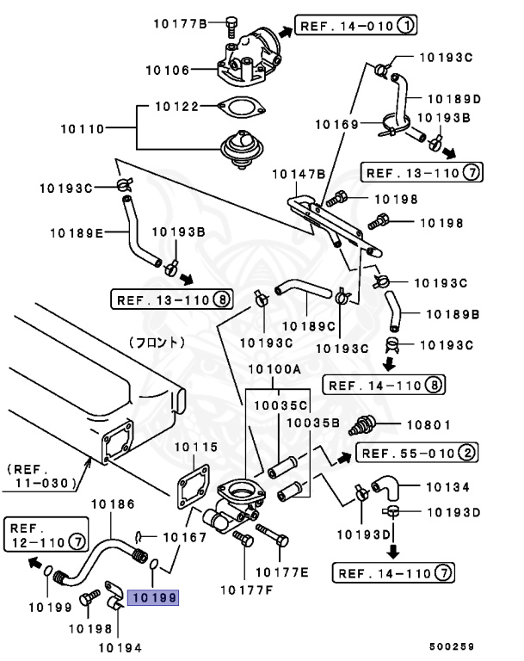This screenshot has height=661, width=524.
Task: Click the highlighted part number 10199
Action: click(153, 596)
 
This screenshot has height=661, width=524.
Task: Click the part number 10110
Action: click(83, 129)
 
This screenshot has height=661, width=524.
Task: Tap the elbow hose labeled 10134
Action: click(380, 489)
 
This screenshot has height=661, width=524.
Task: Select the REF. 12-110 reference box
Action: click(46, 534)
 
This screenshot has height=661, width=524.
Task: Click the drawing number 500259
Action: click(453, 646)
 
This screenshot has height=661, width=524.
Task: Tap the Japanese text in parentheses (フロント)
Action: click(157, 342)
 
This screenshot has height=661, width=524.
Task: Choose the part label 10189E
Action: click(76, 232)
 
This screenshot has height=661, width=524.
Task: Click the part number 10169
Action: click(336, 125)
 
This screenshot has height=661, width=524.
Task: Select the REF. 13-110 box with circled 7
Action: click(421, 172)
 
